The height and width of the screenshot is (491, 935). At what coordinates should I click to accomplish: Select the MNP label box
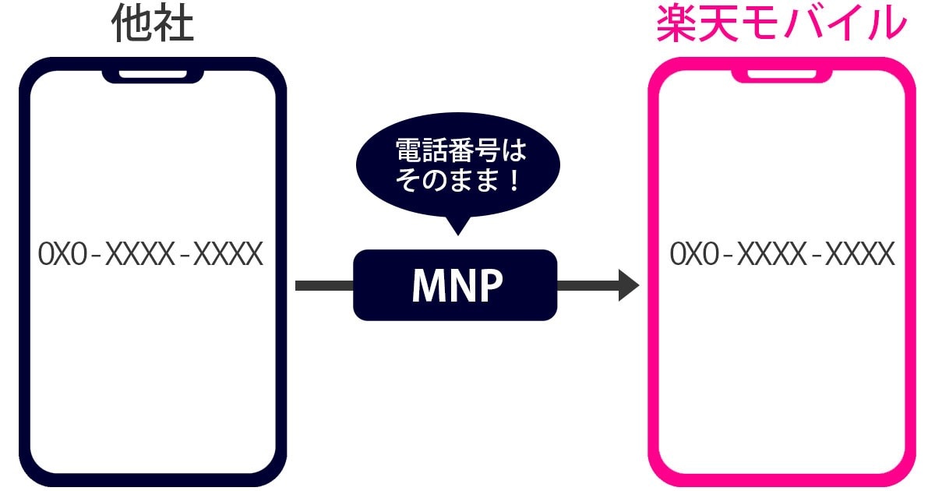pos(456,285)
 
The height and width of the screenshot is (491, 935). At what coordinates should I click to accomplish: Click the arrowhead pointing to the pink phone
pos(628,285)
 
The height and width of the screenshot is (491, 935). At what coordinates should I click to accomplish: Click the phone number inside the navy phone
pos(151,255)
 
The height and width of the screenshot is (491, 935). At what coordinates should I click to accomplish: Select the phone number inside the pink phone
pos(782,255)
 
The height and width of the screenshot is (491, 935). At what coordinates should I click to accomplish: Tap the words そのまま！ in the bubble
pos(458,183)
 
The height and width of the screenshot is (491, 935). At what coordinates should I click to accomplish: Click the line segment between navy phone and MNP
pos(324,285)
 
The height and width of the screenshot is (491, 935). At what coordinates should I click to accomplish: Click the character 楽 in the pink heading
pos(676,26)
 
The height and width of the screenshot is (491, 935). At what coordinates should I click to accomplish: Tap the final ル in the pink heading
pos(887,26)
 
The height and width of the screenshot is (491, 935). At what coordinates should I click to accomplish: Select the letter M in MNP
pos(427,286)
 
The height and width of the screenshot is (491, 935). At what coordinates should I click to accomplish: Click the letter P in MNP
pos(489,286)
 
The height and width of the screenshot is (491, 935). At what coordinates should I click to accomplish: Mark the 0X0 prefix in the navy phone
pos(62,255)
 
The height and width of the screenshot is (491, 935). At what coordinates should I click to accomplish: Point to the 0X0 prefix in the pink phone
pos(693,255)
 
